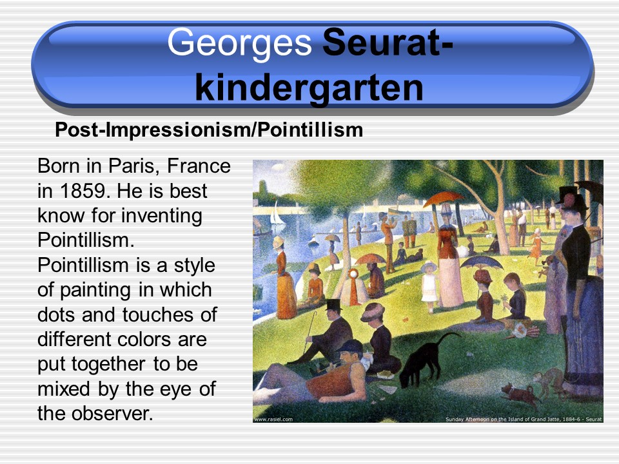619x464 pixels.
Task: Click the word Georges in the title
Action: [239, 43]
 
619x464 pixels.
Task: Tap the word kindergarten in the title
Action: [309, 87]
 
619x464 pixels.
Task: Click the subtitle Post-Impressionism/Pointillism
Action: [209, 130]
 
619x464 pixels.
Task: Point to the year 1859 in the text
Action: [84, 191]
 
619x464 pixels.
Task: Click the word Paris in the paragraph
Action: [133, 166]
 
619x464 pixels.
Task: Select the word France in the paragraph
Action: [199, 166]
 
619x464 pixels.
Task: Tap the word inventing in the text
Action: [161, 217]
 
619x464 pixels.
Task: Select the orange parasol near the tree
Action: [444, 198]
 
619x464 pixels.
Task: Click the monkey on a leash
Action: [550, 380]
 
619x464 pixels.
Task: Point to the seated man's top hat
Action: [333, 304]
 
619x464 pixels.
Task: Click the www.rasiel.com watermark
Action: [273, 419]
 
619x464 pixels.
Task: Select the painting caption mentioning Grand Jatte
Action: [524, 419]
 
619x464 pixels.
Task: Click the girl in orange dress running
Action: [536, 246]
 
